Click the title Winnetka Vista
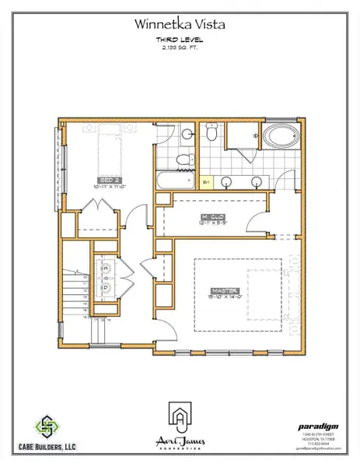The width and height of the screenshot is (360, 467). pos(180,26)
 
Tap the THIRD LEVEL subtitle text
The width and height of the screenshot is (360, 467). pos(180,40)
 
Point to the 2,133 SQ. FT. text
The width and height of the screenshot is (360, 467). pos(180,47)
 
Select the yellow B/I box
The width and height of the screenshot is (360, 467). pos(207,184)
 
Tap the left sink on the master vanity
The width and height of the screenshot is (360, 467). pos(226,183)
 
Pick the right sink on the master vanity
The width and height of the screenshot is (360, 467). pos(257,183)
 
